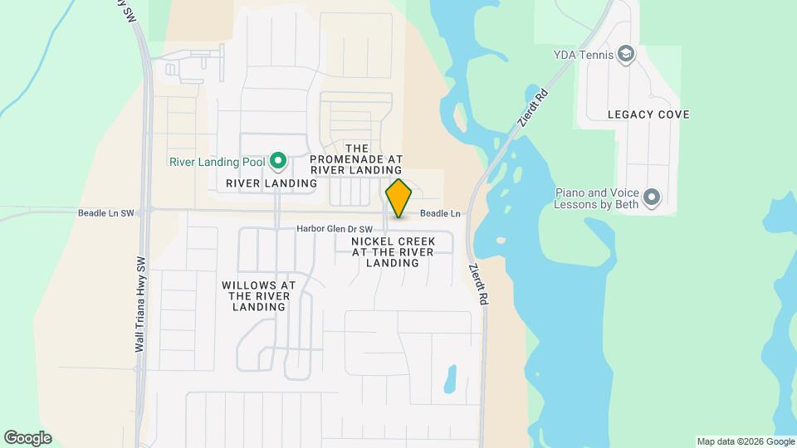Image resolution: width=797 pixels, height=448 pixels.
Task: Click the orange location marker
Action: click(x=398, y=198)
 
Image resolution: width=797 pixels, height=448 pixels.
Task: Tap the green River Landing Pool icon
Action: click(x=279, y=160)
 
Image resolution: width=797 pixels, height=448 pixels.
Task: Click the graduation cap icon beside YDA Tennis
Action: click(x=627, y=55)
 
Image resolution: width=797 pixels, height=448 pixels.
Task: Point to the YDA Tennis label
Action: click(x=583, y=56)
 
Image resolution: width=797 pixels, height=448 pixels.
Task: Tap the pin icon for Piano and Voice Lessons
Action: click(x=652, y=197)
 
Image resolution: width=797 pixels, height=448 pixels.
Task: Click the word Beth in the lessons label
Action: click(x=623, y=204)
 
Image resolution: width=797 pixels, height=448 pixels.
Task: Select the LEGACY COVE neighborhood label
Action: click(x=648, y=114)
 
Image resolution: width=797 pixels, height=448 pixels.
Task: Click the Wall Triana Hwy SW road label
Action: click(x=139, y=303)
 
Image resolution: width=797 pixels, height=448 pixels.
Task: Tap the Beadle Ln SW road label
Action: click(x=105, y=213)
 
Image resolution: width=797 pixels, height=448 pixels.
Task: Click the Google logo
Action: click(x=27, y=438)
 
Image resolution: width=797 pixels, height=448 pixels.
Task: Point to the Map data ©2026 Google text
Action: click(x=746, y=441)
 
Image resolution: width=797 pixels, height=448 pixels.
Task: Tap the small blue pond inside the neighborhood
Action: click(x=450, y=378)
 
